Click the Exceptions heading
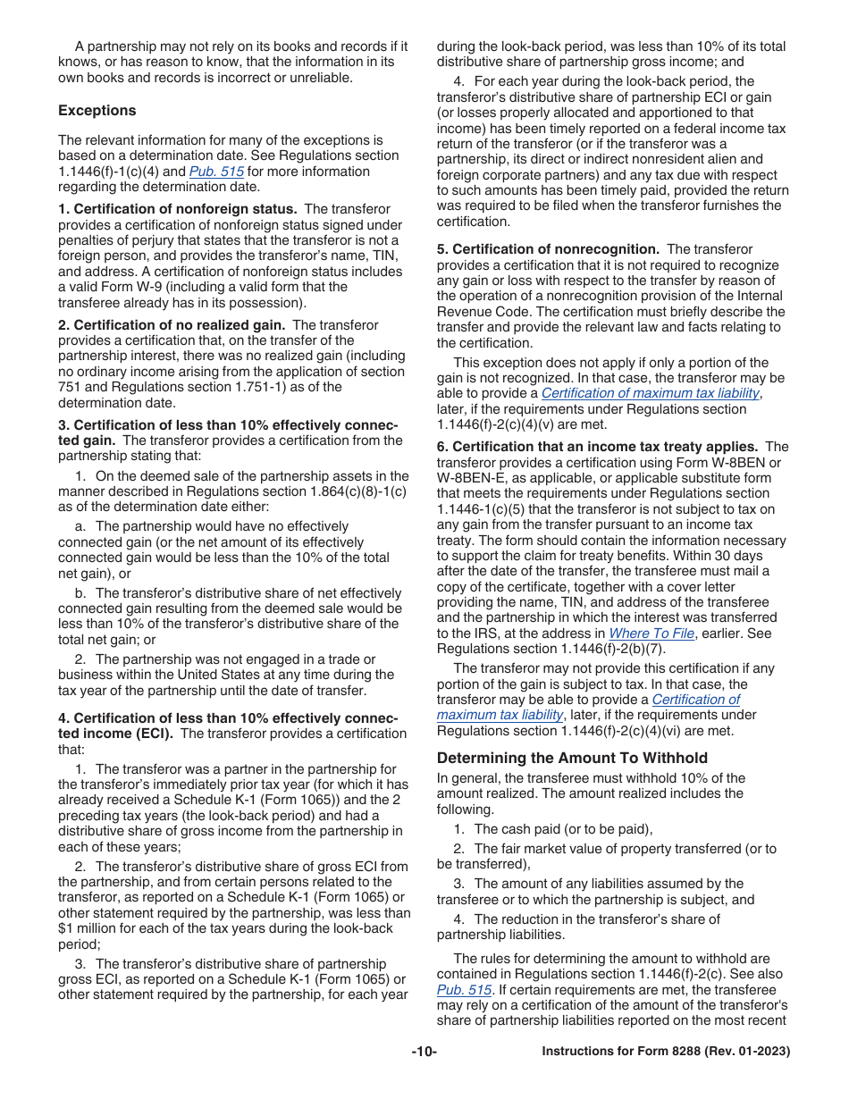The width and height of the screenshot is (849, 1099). pos(97,111)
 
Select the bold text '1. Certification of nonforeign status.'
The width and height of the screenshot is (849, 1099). pos(177,209)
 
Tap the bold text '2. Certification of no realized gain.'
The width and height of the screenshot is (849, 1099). pos(172,325)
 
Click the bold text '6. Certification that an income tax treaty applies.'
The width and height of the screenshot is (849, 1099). pos(597,447)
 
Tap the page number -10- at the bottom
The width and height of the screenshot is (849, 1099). pos(424,1052)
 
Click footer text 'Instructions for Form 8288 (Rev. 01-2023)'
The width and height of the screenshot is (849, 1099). pos(666,1052)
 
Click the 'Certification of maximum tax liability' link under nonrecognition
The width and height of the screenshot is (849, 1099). pos(651,393)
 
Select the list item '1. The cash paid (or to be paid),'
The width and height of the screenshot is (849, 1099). pos(552,829)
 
